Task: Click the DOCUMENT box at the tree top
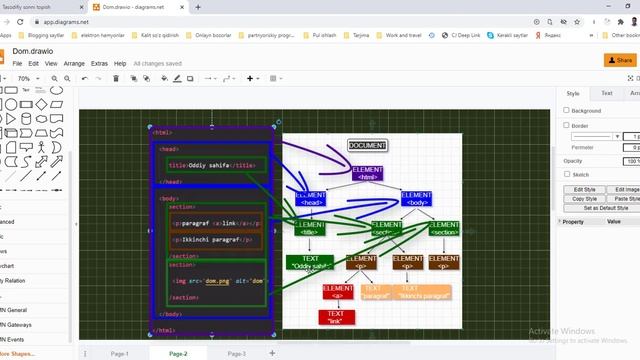coord(367,146)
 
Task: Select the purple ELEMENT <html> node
coord(367,173)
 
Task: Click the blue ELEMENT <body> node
coord(416,199)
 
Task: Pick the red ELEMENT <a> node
coord(338,292)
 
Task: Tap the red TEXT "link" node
coord(337,318)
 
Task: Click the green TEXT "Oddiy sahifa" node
coord(310,263)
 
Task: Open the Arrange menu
coord(74,63)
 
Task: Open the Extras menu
coord(99,63)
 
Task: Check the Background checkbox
coord(567,111)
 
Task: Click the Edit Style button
coord(585,189)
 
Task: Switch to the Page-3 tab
coord(236,353)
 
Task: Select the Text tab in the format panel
coord(606,93)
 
